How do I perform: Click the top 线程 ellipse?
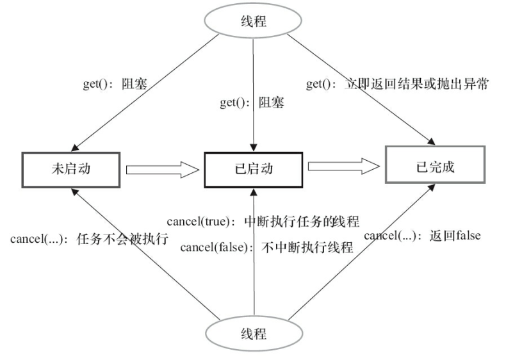pos(254,20)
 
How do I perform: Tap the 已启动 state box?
pos(254,170)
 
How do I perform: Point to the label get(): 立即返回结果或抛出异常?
pos(398,84)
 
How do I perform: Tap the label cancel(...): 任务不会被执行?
pos(89,240)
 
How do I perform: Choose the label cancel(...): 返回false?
pos(422,235)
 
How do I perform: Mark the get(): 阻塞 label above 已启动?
pos(252,102)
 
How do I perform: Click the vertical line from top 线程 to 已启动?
pos(254,70)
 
